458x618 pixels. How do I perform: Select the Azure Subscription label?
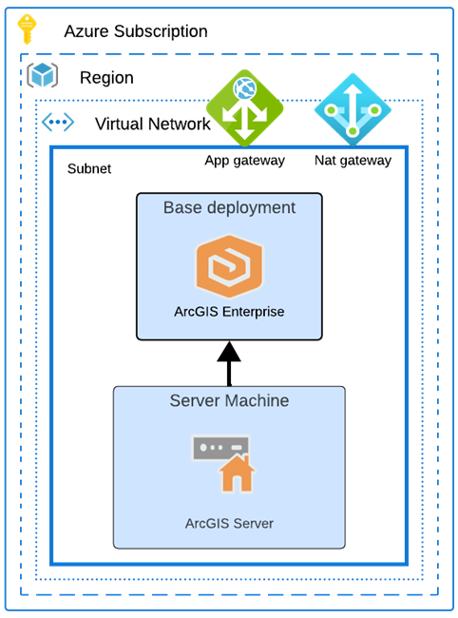point(135,31)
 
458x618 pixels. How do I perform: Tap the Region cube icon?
point(43,76)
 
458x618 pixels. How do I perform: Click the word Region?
point(106,78)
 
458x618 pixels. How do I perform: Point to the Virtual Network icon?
point(58,124)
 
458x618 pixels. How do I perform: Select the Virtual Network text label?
point(152,124)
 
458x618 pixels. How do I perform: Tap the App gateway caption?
point(244,161)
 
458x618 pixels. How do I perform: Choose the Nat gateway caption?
point(353,161)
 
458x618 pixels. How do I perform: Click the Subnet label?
point(89,169)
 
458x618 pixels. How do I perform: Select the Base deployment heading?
point(229,207)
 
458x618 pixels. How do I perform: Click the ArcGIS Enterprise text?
point(229,311)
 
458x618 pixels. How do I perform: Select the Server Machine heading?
point(229,400)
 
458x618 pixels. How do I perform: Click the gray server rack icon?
point(219,447)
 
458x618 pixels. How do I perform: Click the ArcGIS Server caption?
point(229,523)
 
